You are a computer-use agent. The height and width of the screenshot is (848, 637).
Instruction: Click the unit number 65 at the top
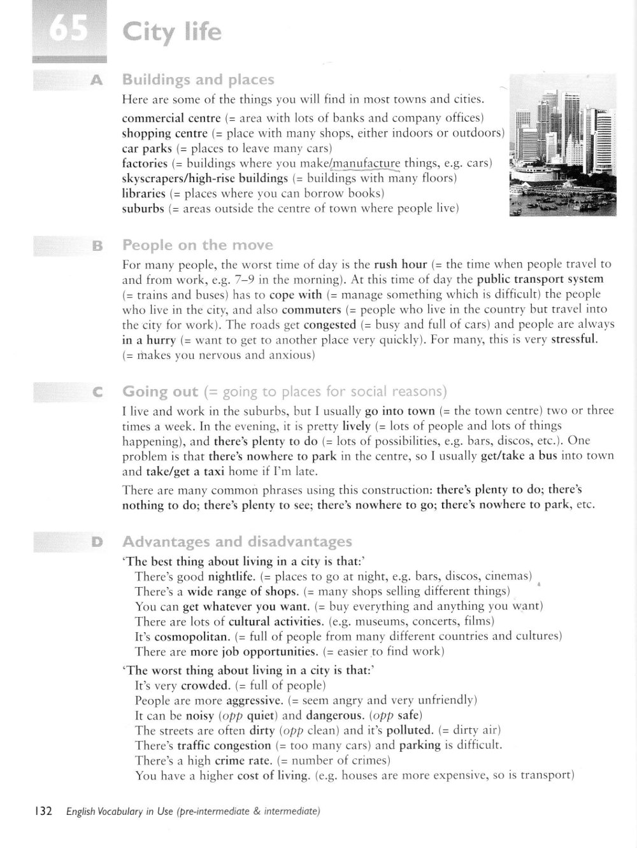[x=68, y=31]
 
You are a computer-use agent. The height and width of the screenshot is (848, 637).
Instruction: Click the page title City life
[x=172, y=32]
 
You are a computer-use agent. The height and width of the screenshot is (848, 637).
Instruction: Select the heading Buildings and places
[x=197, y=80]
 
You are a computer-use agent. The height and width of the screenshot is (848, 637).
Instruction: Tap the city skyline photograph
[x=562, y=145]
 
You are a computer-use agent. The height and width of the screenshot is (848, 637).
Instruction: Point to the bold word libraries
[x=143, y=194]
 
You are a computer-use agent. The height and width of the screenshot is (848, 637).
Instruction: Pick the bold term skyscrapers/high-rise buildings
[x=205, y=178]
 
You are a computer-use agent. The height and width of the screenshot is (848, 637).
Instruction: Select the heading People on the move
[x=197, y=245]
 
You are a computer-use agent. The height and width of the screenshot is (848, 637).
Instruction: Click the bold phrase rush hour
[x=400, y=264]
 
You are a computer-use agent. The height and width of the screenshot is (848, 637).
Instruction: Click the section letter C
[x=97, y=393]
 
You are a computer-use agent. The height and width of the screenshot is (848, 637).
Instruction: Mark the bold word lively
[x=356, y=426]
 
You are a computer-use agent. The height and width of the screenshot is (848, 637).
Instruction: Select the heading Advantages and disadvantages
[x=236, y=542]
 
